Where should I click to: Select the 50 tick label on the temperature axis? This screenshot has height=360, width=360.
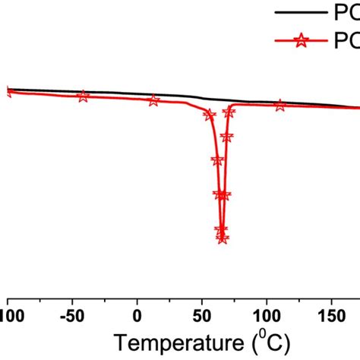pos(202,312)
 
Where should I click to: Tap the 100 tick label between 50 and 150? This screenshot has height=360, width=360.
pos(267,312)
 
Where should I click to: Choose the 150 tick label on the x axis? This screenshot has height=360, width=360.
pos(332,312)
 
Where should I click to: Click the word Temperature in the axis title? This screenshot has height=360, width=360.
pos(172,339)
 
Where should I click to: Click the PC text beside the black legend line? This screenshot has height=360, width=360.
pos(346,12)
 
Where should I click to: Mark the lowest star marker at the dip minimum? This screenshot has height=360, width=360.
pos(223,238)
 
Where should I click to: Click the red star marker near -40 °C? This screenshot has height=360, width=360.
pos(83,96)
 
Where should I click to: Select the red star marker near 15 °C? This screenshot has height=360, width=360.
pos(154,100)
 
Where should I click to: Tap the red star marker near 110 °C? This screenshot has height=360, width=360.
pos(279,106)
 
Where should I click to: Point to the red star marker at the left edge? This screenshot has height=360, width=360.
pos(8,92)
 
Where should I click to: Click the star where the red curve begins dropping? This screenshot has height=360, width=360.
pos(208,115)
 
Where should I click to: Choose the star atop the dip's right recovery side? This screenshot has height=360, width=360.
pos(229,112)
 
